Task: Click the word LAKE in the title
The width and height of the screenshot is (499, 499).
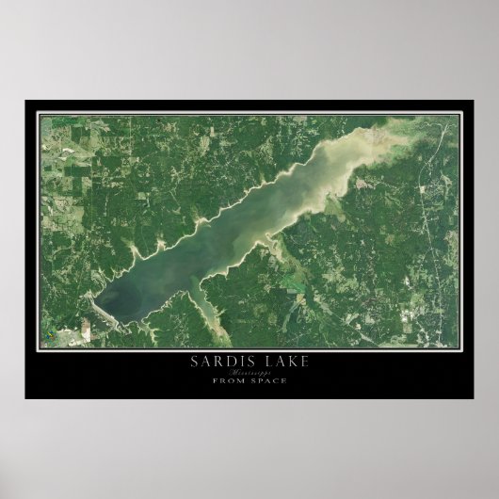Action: tap(280, 361)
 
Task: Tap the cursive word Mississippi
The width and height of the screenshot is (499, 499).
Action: tap(249, 372)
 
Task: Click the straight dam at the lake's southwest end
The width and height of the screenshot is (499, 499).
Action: tap(103, 311)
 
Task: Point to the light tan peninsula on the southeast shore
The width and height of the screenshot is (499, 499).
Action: tap(273, 249)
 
